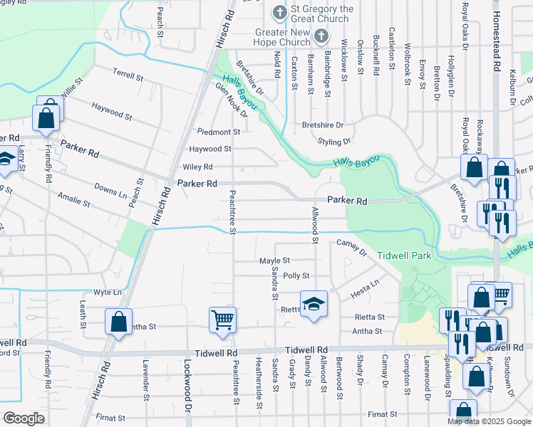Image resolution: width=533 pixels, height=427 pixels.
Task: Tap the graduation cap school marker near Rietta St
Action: tap(314, 305)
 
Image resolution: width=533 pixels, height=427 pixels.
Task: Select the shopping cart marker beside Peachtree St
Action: tap(222, 320)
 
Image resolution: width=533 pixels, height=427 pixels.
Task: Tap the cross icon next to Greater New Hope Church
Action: tap(321, 36)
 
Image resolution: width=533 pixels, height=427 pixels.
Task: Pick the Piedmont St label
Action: tap(219, 132)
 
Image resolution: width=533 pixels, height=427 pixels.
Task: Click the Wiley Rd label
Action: tap(198, 167)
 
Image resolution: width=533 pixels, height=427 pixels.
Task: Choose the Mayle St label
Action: tap(274, 261)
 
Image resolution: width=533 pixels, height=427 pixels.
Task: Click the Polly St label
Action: tap(296, 275)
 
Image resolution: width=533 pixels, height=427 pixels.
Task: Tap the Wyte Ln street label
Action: tap(108, 292)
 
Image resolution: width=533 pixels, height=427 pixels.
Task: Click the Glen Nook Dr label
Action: tap(231, 100)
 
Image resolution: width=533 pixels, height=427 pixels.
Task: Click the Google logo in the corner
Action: tap(24, 418)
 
